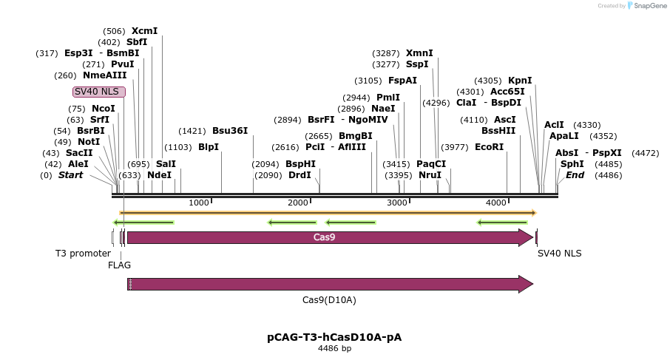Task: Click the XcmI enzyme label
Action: (144, 31)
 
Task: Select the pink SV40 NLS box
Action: (100, 92)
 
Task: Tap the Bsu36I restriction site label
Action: (230, 131)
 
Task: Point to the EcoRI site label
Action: (489, 147)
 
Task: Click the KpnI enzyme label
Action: (520, 81)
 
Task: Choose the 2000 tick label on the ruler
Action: (298, 203)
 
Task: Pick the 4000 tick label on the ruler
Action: (495, 203)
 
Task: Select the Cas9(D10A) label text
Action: (329, 300)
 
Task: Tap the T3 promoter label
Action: (83, 254)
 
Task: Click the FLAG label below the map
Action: (119, 265)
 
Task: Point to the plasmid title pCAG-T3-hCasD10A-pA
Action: (334, 337)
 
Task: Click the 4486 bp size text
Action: (334, 348)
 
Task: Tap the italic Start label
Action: (70, 175)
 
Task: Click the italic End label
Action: (575, 175)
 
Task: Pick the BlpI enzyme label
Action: (209, 147)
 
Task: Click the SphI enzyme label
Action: (572, 164)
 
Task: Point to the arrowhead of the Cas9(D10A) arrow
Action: (527, 284)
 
